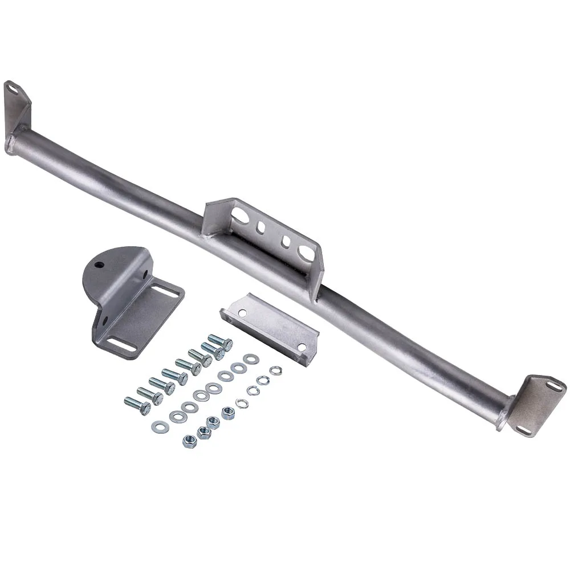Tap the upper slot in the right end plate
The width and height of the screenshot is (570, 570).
tap(552, 386)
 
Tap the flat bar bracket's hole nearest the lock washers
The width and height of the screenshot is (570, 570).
tap(299, 346)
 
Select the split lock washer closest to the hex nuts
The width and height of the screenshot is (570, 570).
tap(242, 403)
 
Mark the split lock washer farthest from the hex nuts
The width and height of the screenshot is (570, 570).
tap(276, 370)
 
